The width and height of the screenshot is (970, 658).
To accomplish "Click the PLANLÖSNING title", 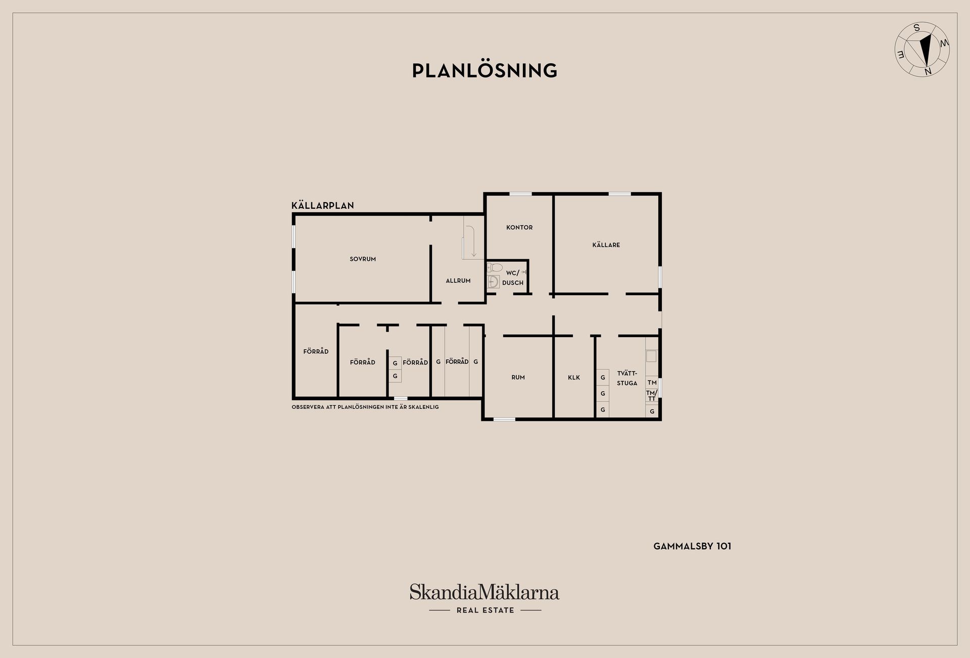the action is (x=484, y=71).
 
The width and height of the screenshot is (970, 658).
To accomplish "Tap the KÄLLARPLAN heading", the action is (x=323, y=206).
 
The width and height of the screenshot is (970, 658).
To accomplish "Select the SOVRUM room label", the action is (x=363, y=259).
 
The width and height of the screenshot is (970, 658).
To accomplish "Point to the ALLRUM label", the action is (x=458, y=281).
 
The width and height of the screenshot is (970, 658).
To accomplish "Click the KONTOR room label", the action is (x=519, y=227).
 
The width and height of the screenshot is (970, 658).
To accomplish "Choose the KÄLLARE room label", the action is (x=606, y=245).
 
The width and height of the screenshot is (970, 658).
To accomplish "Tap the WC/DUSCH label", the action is (x=513, y=278).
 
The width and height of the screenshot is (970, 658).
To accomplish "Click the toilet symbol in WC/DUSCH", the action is (x=494, y=268).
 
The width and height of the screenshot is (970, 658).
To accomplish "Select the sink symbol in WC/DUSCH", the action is (x=494, y=281).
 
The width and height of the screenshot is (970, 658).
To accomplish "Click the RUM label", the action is (x=518, y=378).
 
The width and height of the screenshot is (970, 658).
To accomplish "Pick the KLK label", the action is (x=574, y=378).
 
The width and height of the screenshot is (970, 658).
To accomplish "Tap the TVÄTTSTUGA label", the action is (x=627, y=378).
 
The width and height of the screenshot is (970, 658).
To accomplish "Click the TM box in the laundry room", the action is (x=652, y=383).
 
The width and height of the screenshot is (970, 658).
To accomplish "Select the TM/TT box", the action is (x=652, y=396).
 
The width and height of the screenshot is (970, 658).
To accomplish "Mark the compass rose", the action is (x=922, y=50).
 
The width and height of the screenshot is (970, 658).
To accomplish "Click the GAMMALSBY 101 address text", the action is (x=692, y=546).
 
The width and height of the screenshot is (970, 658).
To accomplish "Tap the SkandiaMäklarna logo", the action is (x=484, y=592).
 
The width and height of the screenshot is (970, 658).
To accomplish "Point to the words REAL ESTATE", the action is (x=485, y=610).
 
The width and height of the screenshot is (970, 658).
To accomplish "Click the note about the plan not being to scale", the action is (x=365, y=407).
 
